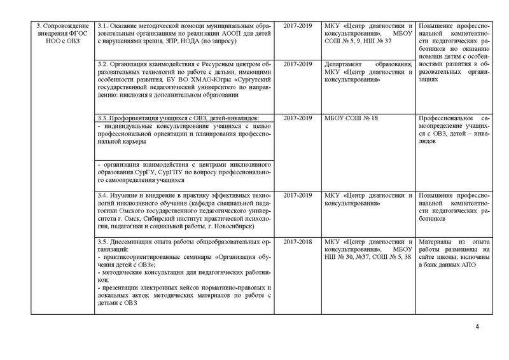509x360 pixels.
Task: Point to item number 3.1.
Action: [x=102, y=25]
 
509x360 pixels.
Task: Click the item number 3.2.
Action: [x=102, y=65]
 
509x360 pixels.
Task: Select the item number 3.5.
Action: [x=102, y=242]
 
